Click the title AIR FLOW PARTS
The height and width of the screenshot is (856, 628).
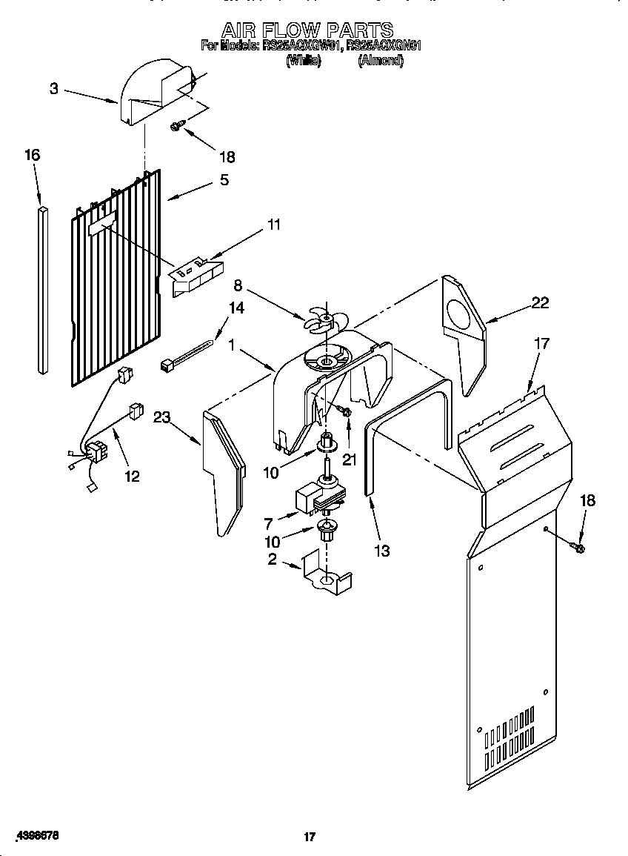pyautogui.click(x=307, y=30)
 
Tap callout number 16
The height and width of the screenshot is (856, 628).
pyautogui.click(x=32, y=155)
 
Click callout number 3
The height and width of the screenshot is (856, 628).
pyautogui.click(x=54, y=89)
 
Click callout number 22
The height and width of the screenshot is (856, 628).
pyautogui.click(x=541, y=302)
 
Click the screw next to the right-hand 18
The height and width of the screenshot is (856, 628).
pyautogui.click(x=578, y=548)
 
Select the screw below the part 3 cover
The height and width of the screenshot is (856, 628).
pyautogui.click(x=176, y=127)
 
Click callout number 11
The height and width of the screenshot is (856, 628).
pyautogui.click(x=274, y=225)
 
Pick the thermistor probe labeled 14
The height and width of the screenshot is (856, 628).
pyautogui.click(x=187, y=354)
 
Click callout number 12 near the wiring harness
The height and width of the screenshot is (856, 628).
pyautogui.click(x=131, y=476)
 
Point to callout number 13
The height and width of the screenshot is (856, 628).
pyautogui.click(x=382, y=551)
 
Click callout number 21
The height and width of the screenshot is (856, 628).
pyautogui.click(x=350, y=459)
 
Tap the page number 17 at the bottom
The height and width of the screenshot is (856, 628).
pyautogui.click(x=310, y=837)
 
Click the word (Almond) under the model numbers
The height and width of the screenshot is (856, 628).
pyautogui.click(x=381, y=62)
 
